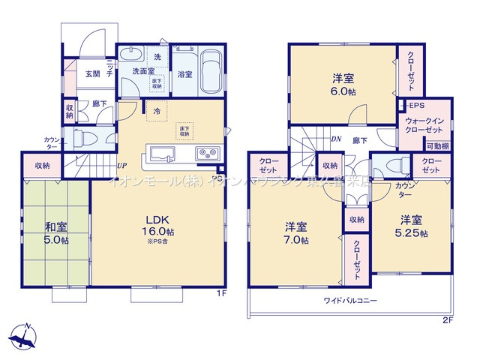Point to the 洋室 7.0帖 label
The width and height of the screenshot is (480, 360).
coord(295,233)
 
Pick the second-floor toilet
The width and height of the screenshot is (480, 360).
coord(391,165)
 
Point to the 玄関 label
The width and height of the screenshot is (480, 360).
coord(92,73)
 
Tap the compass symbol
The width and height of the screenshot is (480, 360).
coord(25,335)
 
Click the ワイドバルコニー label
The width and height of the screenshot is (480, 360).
coord(350,301)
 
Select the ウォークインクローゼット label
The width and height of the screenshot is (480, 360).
coord(426,126)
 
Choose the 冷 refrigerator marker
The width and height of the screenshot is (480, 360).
coord(157,112)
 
